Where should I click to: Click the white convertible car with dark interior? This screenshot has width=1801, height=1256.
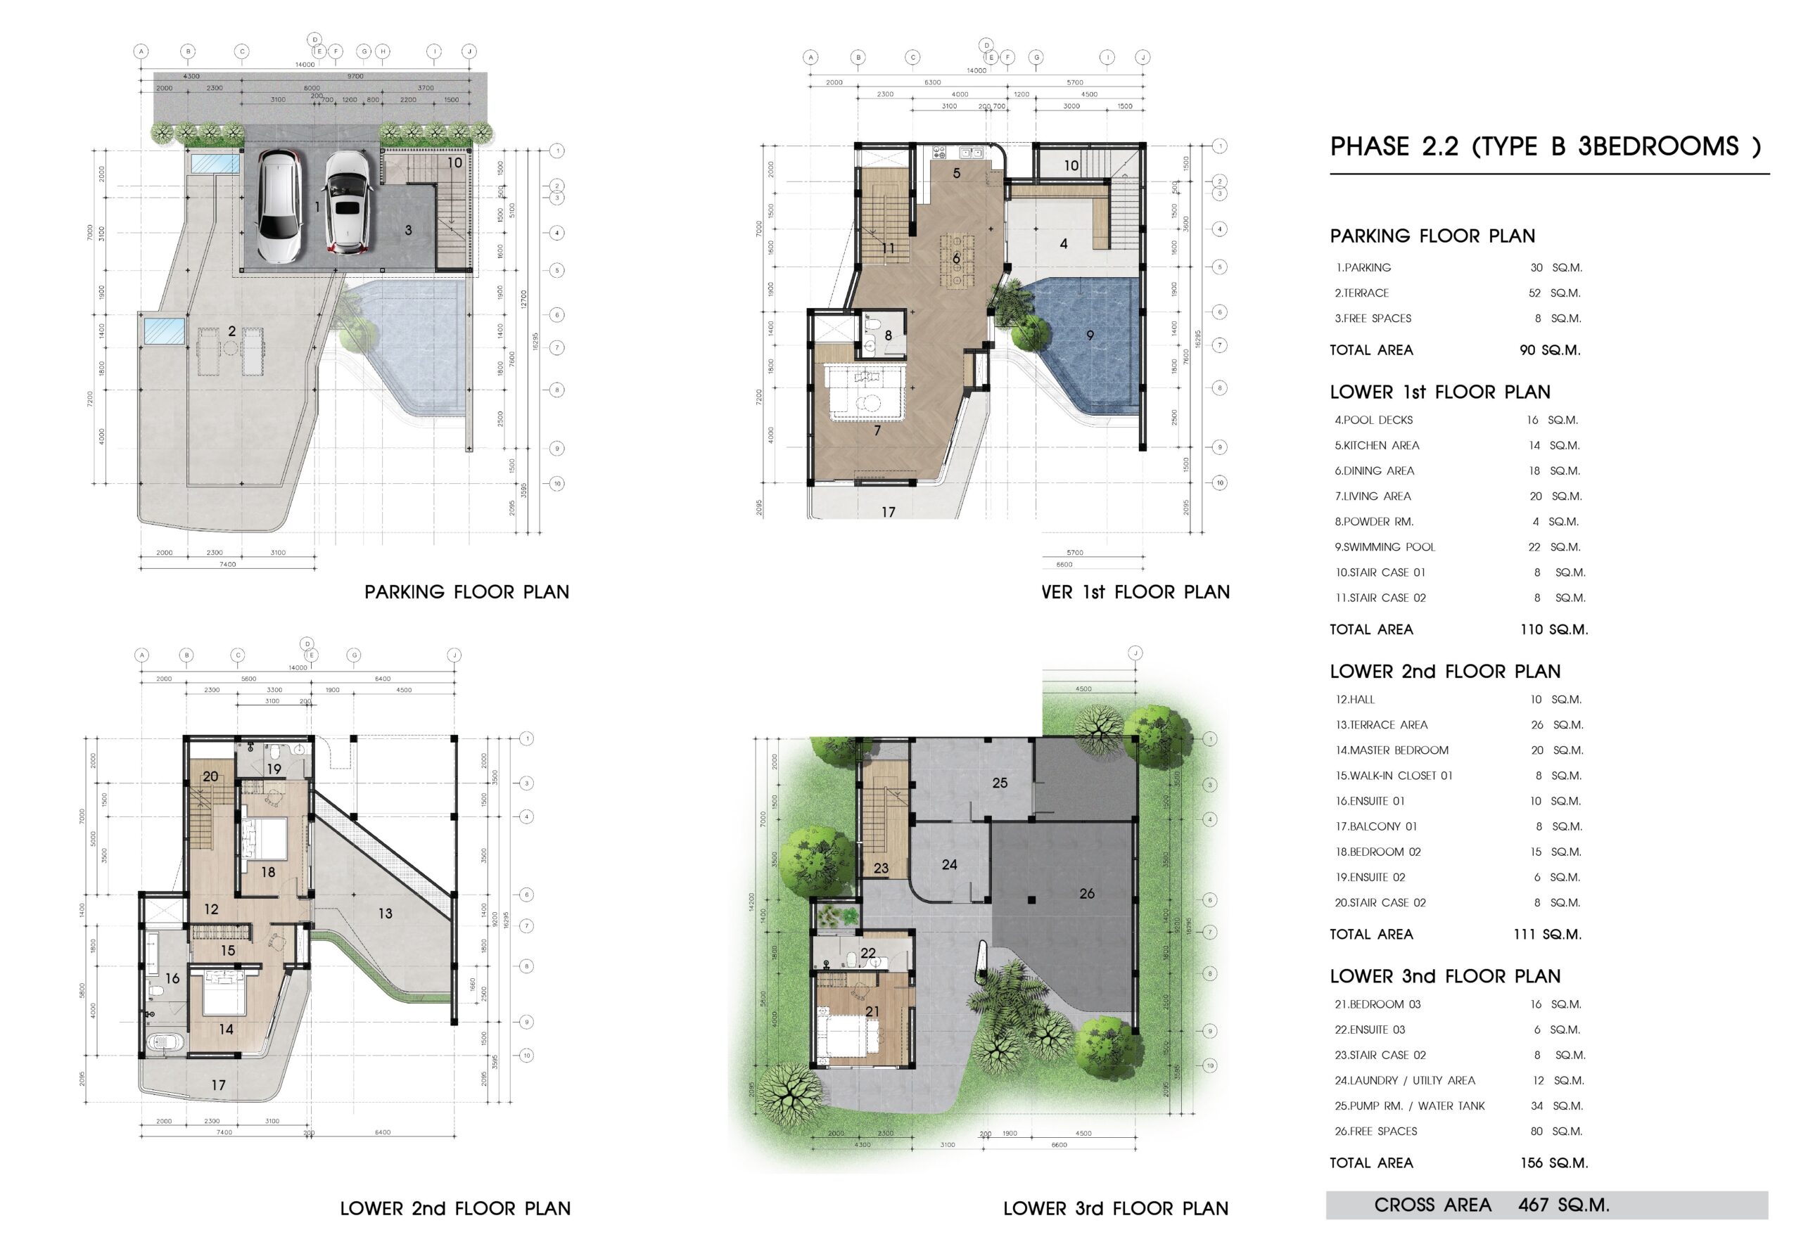pyautogui.click(x=345, y=202)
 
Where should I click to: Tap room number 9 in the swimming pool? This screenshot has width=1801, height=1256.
pyautogui.click(x=1090, y=335)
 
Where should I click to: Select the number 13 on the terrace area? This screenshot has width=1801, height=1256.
pyautogui.click(x=385, y=914)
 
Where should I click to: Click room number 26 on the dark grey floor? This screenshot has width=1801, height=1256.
pyautogui.click(x=1086, y=893)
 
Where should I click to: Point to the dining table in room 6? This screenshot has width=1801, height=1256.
pyautogui.click(x=957, y=258)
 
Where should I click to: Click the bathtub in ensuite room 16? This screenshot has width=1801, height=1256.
pyautogui.click(x=165, y=1044)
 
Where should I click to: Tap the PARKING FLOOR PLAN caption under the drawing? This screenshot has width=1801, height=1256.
pyautogui.click(x=466, y=592)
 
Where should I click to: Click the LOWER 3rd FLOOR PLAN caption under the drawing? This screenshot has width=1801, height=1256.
pyautogui.click(x=1116, y=1208)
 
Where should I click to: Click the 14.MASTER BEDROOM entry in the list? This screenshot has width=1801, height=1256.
pyautogui.click(x=1392, y=750)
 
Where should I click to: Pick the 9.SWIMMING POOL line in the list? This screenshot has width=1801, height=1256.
pyautogui.click(x=1385, y=547)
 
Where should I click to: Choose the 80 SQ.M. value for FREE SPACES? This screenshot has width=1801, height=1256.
pyautogui.click(x=1556, y=1132)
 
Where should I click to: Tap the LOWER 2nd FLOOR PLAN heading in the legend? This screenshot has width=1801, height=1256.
pyautogui.click(x=1445, y=671)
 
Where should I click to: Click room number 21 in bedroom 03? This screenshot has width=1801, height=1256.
pyautogui.click(x=872, y=1011)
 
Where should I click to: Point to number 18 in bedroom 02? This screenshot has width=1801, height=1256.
pyautogui.click(x=268, y=872)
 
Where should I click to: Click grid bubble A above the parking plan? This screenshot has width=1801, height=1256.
pyautogui.click(x=141, y=52)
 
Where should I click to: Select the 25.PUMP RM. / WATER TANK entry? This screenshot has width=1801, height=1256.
pyautogui.click(x=1410, y=1106)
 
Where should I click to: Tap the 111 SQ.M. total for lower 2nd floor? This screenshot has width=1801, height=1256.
pyautogui.click(x=1547, y=934)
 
